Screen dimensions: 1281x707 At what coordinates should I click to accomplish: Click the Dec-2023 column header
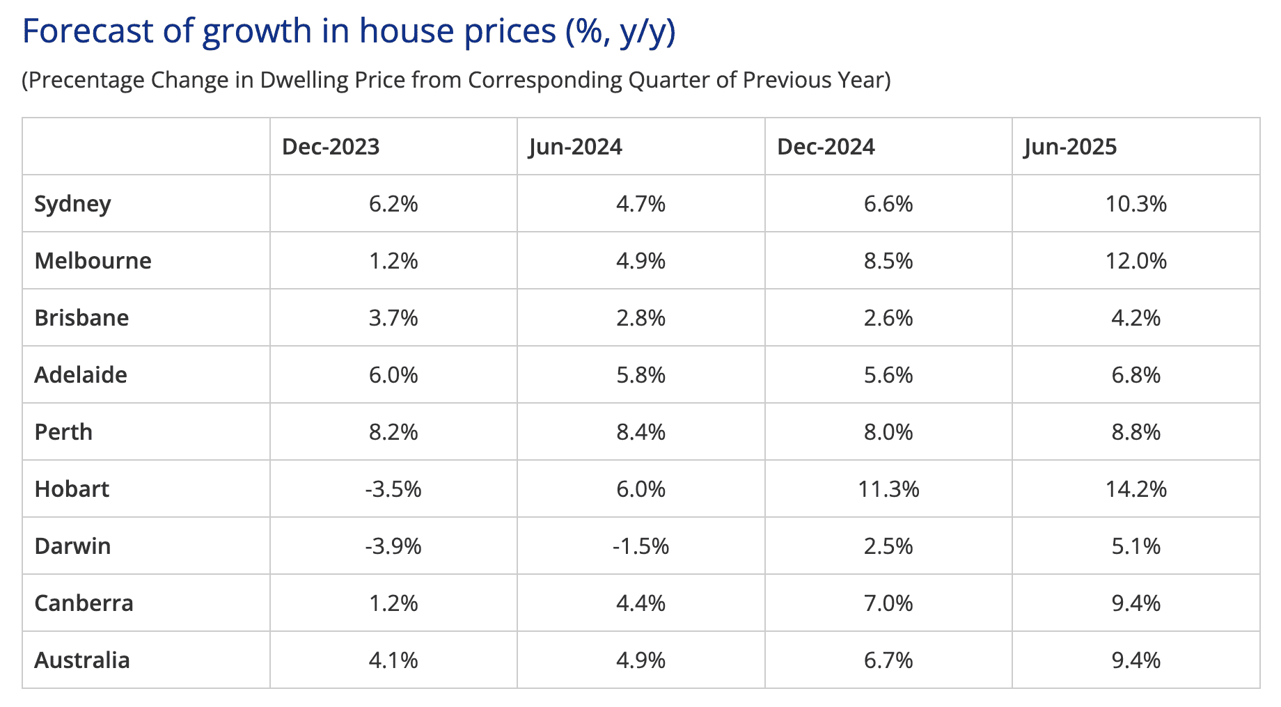click(331, 147)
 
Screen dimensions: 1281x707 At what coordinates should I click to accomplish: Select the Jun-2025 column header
click(1070, 147)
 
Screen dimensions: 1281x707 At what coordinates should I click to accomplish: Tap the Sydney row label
click(72, 205)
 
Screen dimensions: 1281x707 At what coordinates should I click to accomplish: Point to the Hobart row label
click(72, 489)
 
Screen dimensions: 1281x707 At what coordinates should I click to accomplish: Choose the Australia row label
click(82, 660)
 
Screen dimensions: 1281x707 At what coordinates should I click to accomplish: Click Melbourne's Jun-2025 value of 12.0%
click(1136, 261)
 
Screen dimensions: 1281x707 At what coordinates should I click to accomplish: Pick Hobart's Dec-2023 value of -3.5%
click(393, 489)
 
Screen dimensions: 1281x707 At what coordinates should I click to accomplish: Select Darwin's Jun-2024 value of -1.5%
click(640, 546)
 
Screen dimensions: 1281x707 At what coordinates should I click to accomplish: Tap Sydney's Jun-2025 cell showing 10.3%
click(1136, 204)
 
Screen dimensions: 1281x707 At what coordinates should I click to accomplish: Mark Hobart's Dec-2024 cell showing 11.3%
click(888, 489)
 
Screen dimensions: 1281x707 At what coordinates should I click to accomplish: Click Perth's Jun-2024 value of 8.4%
click(640, 432)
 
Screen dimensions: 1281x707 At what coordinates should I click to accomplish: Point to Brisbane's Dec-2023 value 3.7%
click(393, 318)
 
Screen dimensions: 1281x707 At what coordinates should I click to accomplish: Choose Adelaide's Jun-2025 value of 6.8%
click(1136, 375)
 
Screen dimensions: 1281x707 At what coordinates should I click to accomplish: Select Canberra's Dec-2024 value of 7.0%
click(888, 603)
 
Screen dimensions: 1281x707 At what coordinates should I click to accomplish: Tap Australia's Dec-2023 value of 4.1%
click(393, 660)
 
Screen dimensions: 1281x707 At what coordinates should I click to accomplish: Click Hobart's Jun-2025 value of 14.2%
click(1136, 489)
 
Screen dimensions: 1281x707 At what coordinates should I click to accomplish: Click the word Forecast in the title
click(88, 31)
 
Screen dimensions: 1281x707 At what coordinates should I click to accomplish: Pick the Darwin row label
click(72, 546)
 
